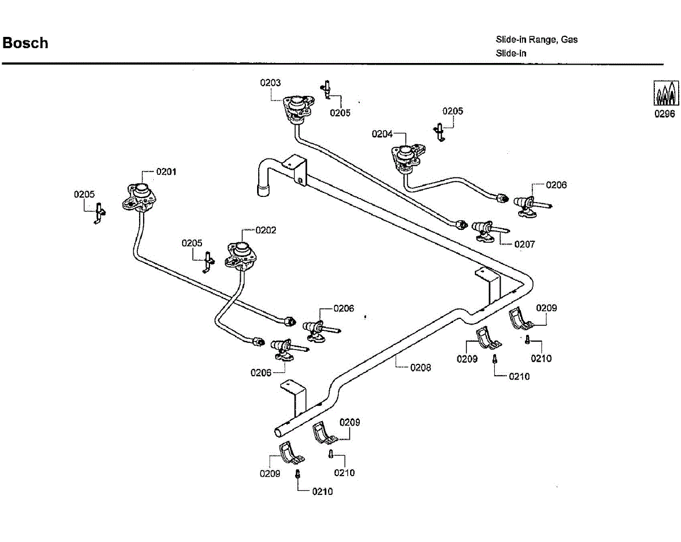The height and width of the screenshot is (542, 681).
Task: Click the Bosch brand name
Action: tap(26, 43)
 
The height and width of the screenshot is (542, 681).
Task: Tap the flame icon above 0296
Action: tap(666, 93)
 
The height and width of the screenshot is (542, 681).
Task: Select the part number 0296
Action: tap(665, 114)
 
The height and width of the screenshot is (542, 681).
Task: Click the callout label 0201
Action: tap(166, 171)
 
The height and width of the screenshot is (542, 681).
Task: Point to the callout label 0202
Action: tap(266, 230)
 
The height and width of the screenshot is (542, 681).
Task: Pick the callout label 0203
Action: tap(270, 83)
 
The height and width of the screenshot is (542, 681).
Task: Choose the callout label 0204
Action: tap(382, 134)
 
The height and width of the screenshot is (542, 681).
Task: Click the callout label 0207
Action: tap(524, 244)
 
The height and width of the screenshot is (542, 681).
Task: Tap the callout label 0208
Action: tap(421, 368)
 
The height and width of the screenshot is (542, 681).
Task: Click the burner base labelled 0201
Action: tap(139, 198)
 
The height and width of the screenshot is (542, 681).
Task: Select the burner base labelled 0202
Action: tap(241, 256)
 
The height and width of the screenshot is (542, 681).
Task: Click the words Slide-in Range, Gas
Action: tap(537, 40)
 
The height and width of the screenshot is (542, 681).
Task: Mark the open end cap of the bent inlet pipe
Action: tap(263, 191)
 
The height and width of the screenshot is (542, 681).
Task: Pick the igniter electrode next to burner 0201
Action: tap(99, 213)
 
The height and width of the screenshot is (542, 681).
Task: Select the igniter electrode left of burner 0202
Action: tap(208, 262)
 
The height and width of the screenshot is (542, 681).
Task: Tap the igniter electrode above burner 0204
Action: tap(439, 132)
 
